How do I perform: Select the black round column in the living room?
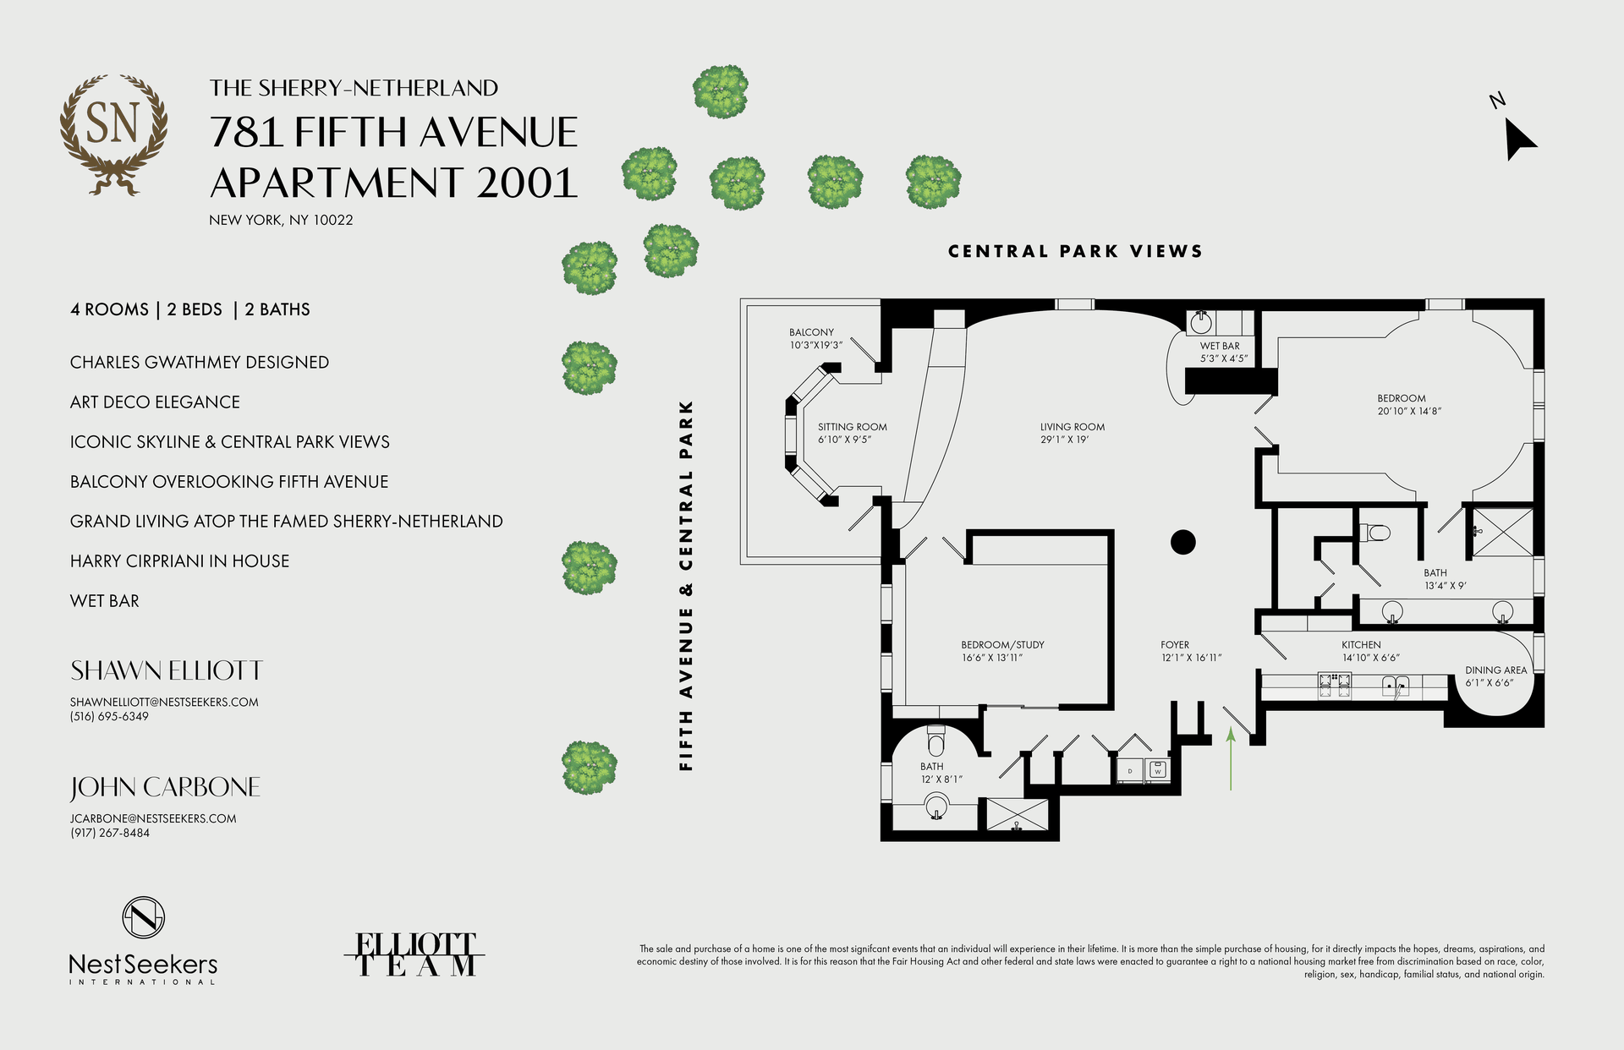pos(1182,542)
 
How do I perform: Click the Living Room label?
pos(1072,427)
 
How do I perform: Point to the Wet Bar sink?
pos(1201,322)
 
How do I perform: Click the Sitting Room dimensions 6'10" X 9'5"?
pos(843,440)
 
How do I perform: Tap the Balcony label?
pos(811,332)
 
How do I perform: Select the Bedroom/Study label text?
pos(1002,645)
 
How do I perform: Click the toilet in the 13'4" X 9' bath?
pos(1376,533)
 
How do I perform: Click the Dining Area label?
pos(1495,670)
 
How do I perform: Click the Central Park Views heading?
pos(1075,251)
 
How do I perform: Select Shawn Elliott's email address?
pos(164,702)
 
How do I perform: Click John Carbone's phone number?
pos(110,833)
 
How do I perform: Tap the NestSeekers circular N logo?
pos(143,917)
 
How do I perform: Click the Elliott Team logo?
pos(414,954)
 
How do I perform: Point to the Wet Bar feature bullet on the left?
pos(105,601)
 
